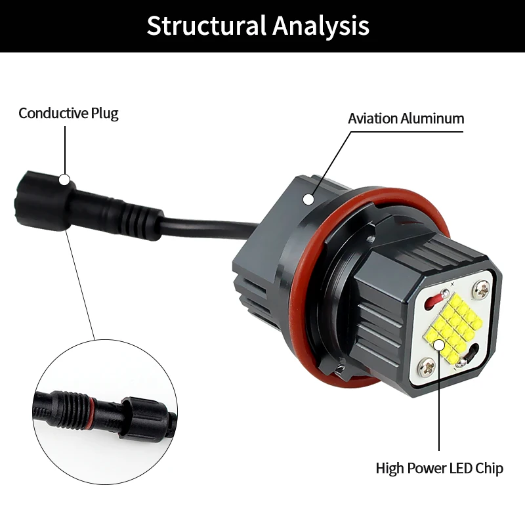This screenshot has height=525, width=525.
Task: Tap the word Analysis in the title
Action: tap(321, 26)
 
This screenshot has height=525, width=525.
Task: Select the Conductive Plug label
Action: tap(68, 113)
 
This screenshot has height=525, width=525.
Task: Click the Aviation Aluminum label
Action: tap(406, 119)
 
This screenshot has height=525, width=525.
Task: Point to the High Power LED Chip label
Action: tap(439, 469)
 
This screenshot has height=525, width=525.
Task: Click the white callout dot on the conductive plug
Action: tap(64, 179)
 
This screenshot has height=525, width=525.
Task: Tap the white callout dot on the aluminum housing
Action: tap(308, 198)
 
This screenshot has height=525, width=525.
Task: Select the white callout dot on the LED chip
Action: tap(439, 344)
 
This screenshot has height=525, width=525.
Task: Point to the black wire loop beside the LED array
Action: tap(471, 356)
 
